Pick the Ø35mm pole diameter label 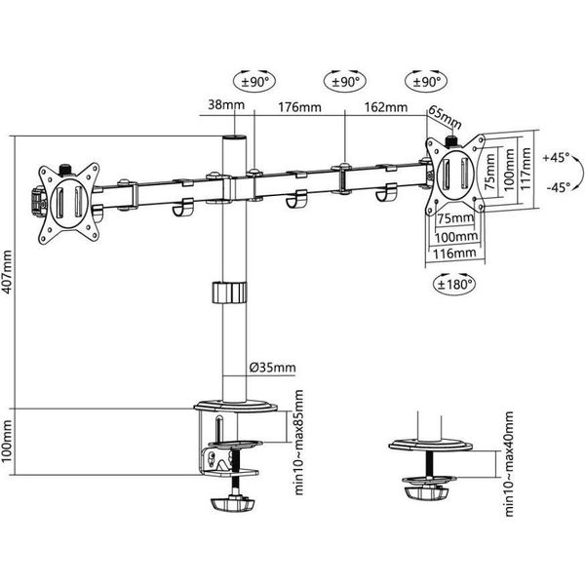pyautogui.click(x=272, y=368)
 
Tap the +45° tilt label pyautogui.click(x=557, y=157)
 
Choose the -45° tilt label pyautogui.click(x=557, y=187)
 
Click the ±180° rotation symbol pyautogui.click(x=451, y=285)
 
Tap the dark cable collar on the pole pyautogui.click(x=229, y=292)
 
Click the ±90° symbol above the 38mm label pyautogui.click(x=251, y=82)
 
